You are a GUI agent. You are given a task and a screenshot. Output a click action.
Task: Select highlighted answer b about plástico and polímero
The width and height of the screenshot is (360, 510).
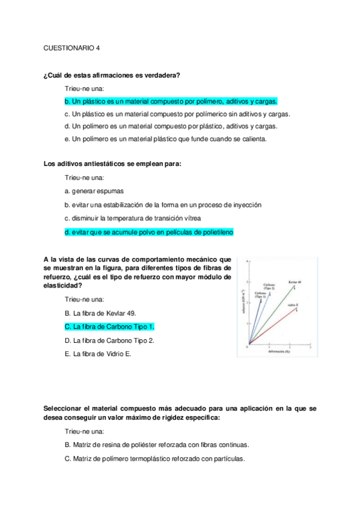[170, 102]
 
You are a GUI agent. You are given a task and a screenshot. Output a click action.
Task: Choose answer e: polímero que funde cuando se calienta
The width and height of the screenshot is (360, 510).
[165, 139]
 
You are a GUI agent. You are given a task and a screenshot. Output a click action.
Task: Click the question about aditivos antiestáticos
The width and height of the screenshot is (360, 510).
[112, 164]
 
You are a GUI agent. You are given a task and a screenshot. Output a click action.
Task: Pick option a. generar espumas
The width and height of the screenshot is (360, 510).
[94, 191]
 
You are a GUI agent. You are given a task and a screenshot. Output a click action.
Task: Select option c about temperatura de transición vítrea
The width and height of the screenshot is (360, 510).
[132, 218]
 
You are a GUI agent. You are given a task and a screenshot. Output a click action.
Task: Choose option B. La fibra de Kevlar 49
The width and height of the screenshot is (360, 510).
[100, 313]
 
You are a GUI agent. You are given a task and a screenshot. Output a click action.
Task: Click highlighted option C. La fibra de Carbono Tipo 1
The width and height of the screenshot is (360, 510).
[109, 327]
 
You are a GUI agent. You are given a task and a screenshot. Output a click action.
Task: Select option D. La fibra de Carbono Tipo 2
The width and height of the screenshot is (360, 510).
[109, 340]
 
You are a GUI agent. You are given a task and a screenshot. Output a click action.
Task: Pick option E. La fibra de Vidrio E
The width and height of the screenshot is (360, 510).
[97, 354]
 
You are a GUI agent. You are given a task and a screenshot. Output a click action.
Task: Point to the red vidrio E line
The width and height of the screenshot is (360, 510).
[273, 327]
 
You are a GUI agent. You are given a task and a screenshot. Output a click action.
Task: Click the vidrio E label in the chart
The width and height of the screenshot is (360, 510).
[293, 306]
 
